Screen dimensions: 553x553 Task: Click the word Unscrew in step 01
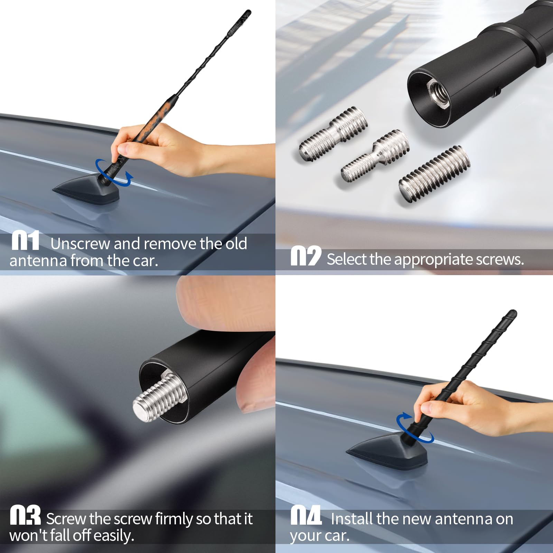point(80,244)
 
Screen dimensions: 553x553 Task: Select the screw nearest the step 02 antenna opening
point(332,133)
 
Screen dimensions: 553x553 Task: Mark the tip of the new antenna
point(513,313)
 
